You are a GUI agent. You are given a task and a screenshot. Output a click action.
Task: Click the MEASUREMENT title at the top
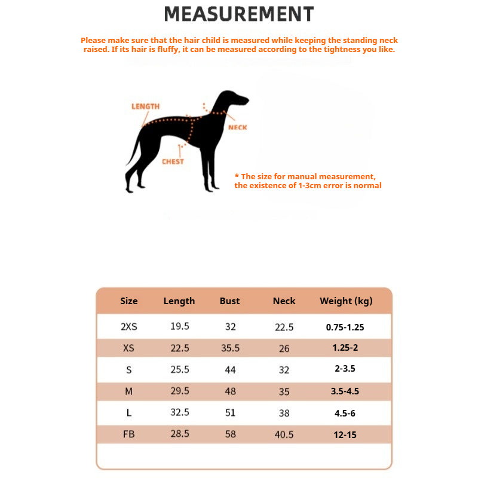point(239,14)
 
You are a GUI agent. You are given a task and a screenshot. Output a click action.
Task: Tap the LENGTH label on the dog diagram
point(145,106)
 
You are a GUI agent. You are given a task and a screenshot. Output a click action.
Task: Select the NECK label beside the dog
point(237,127)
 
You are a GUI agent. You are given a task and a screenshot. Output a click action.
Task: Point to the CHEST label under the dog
point(173,161)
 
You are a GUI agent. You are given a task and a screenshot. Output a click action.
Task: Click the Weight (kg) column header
point(346,301)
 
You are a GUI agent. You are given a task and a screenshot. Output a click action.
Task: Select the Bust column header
point(229,301)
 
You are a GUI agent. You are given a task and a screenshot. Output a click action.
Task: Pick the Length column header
point(179,301)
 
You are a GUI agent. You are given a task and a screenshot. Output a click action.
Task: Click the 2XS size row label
point(129,327)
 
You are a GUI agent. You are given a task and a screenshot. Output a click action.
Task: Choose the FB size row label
point(129,434)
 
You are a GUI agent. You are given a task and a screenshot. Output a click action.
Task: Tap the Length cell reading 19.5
point(179,327)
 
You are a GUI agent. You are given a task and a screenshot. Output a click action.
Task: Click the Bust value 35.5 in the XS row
point(230,348)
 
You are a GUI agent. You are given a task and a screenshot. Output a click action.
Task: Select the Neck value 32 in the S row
point(284,370)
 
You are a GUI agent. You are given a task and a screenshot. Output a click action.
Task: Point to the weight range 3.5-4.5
point(345,391)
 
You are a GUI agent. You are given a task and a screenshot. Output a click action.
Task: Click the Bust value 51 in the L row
point(230,413)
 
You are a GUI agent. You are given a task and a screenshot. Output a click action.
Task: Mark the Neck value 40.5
point(284,434)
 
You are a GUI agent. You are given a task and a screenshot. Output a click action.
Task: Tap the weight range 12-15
point(345,434)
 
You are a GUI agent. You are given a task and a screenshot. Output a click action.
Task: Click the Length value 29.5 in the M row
point(179,391)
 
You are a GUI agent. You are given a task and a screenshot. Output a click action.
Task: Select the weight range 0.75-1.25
point(345,327)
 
